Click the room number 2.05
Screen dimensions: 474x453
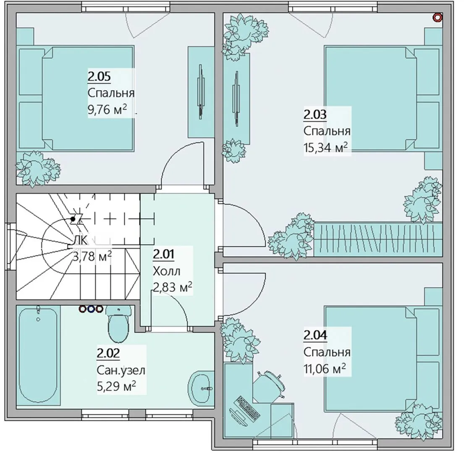click(x=99, y=77)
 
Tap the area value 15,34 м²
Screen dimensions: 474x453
click(x=325, y=148)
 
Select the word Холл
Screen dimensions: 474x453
click(x=167, y=271)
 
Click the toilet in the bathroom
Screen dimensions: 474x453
click(x=118, y=323)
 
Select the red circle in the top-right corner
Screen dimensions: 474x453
click(x=438, y=18)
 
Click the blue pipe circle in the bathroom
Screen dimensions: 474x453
click(x=91, y=309)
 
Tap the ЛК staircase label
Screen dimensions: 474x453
click(x=81, y=241)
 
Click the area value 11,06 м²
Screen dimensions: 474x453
click(x=325, y=369)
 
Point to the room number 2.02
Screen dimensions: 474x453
click(x=108, y=353)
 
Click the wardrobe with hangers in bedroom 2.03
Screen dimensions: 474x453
click(x=378, y=240)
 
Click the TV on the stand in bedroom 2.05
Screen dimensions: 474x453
click(x=200, y=91)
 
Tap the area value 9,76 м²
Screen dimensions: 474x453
click(x=107, y=110)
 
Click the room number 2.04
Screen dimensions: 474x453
click(x=315, y=335)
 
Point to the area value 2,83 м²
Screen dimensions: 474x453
click(x=172, y=287)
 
